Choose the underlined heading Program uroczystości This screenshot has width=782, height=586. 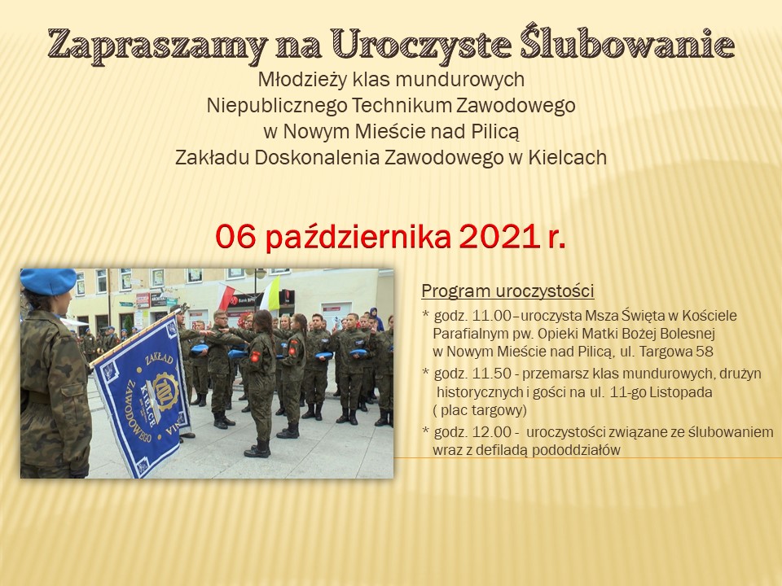click(507, 291)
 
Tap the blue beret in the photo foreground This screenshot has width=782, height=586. click(48, 281)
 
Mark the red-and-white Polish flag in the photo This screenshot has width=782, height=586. click(226, 296)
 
